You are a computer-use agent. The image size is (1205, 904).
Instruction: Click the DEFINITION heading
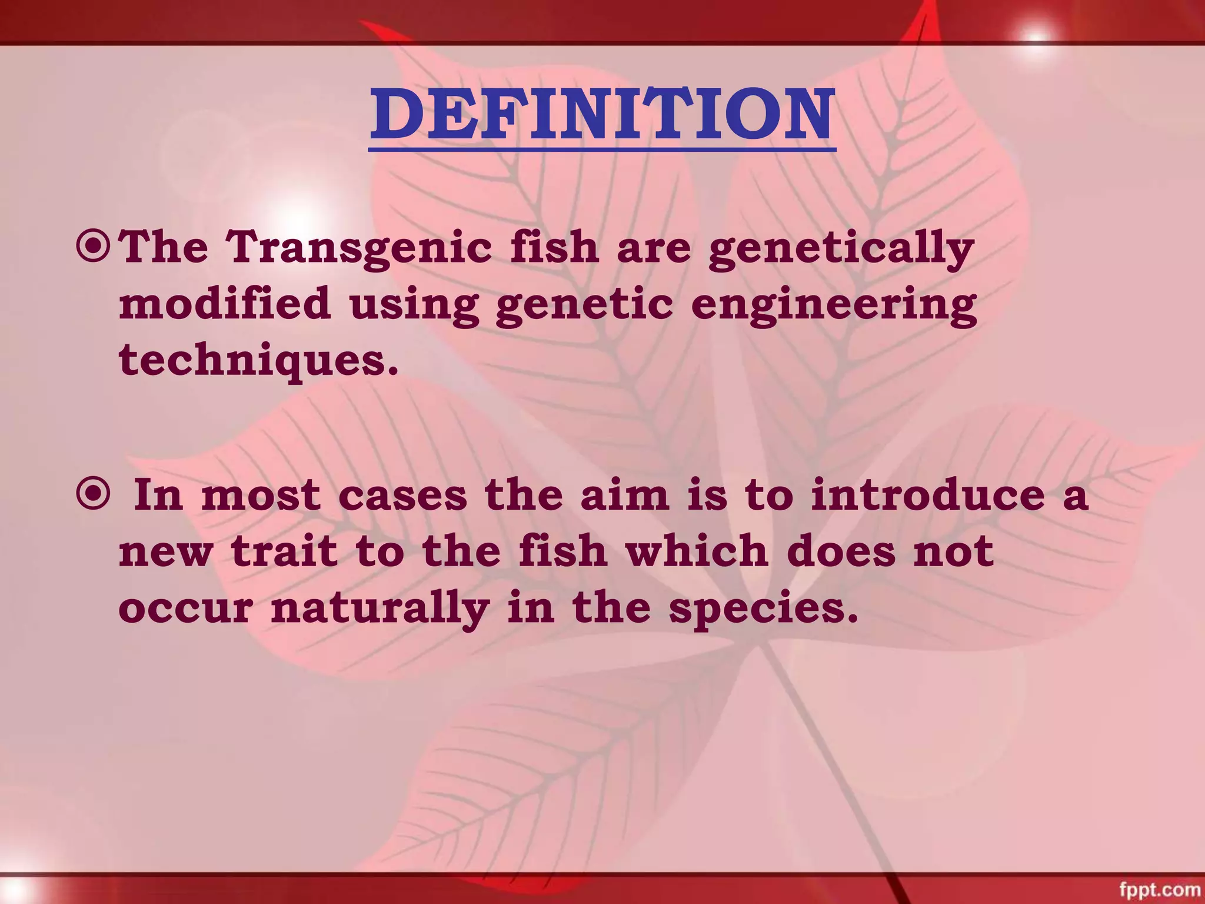point(602,115)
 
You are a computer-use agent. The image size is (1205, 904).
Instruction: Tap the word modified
point(225,304)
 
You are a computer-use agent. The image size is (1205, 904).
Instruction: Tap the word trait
point(284,551)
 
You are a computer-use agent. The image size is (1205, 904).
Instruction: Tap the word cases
point(402,496)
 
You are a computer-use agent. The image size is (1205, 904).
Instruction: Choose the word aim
point(625,496)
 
